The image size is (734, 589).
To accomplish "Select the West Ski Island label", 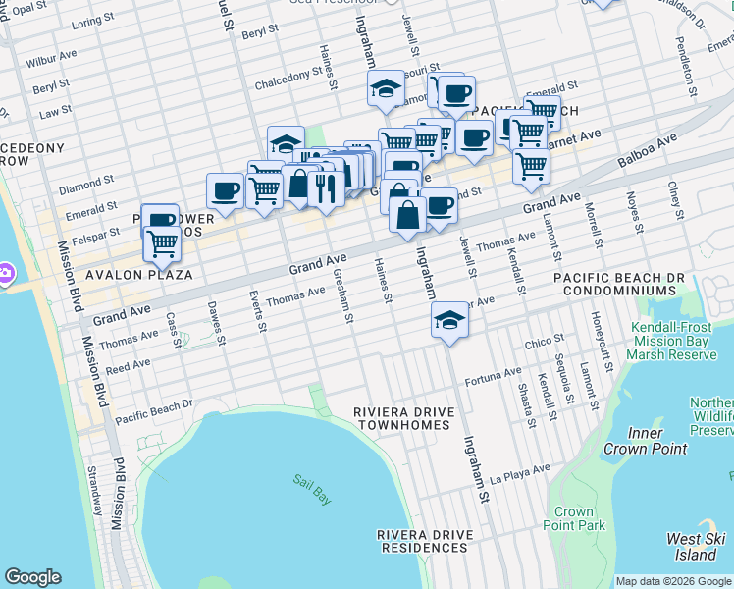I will click(697, 547).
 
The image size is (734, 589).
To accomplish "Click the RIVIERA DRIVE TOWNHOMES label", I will click(403, 417).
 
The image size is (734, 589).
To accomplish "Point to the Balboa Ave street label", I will click(648, 155).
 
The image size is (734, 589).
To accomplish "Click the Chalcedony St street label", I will click(289, 84).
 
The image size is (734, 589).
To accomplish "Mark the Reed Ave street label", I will click(128, 365).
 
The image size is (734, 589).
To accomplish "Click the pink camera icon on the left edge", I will click(5, 271).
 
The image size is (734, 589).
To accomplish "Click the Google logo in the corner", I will click(32, 577).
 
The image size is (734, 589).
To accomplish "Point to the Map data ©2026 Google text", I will click(673, 581).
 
